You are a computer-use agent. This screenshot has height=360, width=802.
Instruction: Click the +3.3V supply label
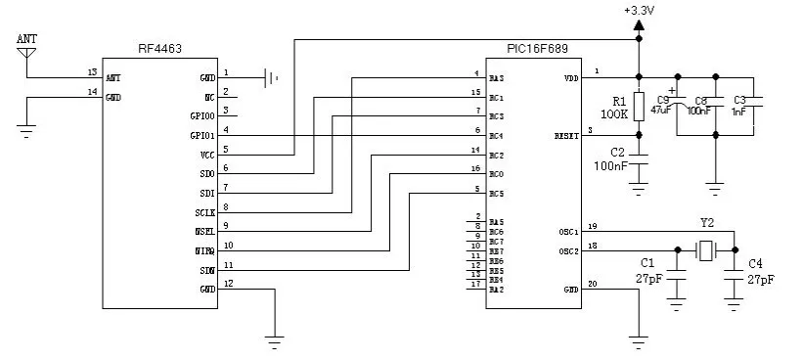pyautogui.click(x=639, y=10)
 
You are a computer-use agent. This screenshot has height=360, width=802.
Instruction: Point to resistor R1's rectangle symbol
pyautogui.click(x=639, y=107)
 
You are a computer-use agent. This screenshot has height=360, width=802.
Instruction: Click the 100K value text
pyautogui.click(x=614, y=115)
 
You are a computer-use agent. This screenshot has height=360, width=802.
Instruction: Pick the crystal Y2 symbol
pyautogui.click(x=706, y=251)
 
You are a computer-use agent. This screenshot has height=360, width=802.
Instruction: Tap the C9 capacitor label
pyautogui.click(x=663, y=100)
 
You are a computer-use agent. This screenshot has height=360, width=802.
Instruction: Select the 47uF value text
pyautogui.click(x=661, y=112)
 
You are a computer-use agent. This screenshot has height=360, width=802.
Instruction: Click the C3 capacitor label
pyautogui.click(x=739, y=100)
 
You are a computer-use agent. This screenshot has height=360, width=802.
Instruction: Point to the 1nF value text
pyautogui.click(x=738, y=112)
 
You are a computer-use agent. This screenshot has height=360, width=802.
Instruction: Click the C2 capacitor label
pyautogui.click(x=617, y=152)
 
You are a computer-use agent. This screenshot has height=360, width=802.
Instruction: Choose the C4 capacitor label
pyautogui.click(x=754, y=264)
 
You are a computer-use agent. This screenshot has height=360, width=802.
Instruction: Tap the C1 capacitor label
pyautogui.click(x=646, y=264)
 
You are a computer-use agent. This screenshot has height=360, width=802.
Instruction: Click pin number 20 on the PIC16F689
pyautogui.click(x=592, y=285)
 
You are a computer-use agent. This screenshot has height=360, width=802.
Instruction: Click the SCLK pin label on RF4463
pyautogui.click(x=204, y=212)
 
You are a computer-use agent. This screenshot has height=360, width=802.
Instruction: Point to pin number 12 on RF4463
pyautogui.click(x=228, y=284)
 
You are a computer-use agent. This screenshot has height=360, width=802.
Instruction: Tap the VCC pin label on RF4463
pyautogui.click(x=206, y=156)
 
